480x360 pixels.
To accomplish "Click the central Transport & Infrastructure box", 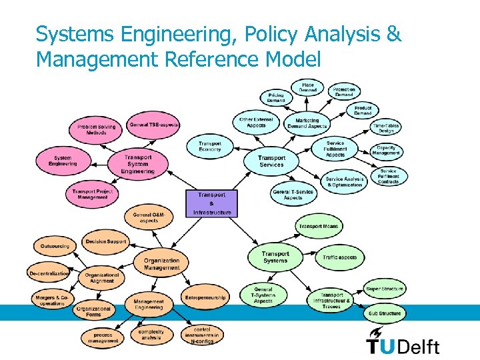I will (212, 203).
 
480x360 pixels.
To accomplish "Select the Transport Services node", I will (271, 161).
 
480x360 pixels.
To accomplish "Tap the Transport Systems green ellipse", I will (275, 257).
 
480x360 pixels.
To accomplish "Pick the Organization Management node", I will (161, 264).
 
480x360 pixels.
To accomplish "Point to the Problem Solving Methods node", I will (96, 129).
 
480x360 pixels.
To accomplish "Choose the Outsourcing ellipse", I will (55, 246).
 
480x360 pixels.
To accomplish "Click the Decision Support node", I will (105, 242).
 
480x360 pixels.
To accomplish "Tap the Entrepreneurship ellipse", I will (205, 297).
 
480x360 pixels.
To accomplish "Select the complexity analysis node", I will (151, 335).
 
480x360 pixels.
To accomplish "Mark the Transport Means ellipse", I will (318, 227).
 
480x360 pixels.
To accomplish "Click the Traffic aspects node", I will (340, 257).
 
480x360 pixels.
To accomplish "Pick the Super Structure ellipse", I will (385, 289).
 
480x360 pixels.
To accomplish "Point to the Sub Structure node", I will (385, 313).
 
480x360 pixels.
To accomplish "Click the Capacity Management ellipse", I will (387, 151).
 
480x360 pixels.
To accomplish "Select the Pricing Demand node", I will (276, 97).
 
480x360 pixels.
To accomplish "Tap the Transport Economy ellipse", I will (210, 146).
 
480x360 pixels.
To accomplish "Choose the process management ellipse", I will (103, 337).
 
